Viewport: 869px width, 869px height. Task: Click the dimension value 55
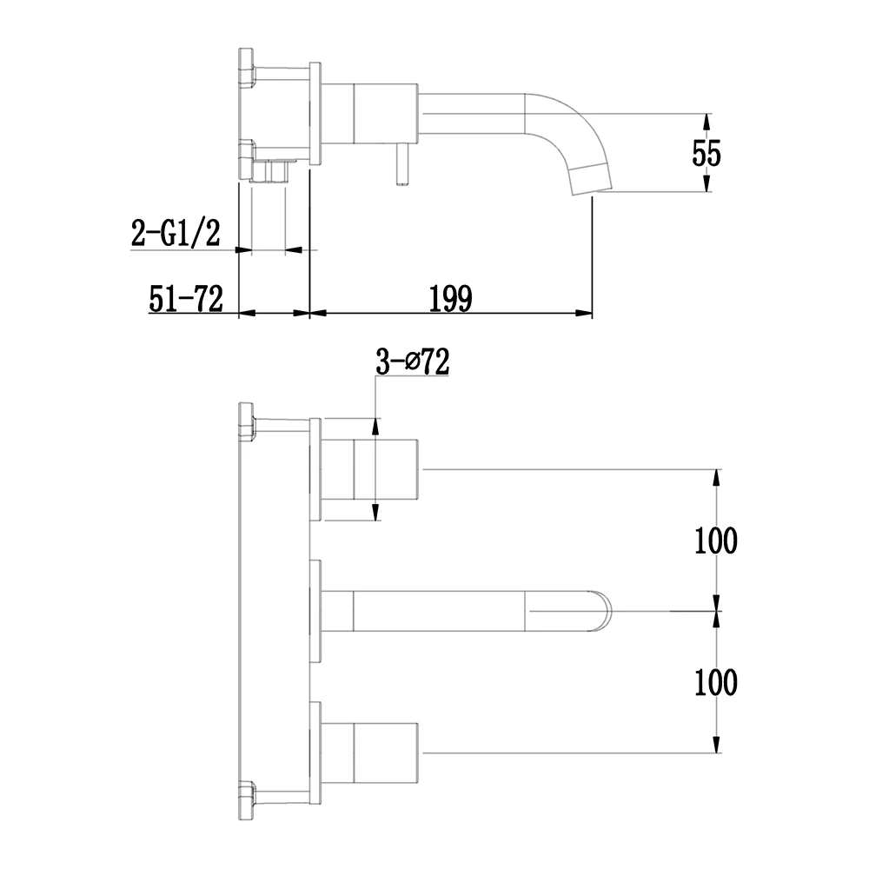pos(706,154)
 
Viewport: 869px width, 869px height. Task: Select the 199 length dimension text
pos(450,298)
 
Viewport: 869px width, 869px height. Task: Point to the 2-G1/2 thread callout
pos(176,232)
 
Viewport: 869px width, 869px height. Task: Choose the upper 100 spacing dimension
pos(715,541)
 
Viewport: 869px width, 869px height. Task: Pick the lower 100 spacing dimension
pos(715,682)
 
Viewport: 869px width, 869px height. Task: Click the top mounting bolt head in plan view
pos(245,421)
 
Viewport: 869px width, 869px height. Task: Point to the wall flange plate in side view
pos(316,112)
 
